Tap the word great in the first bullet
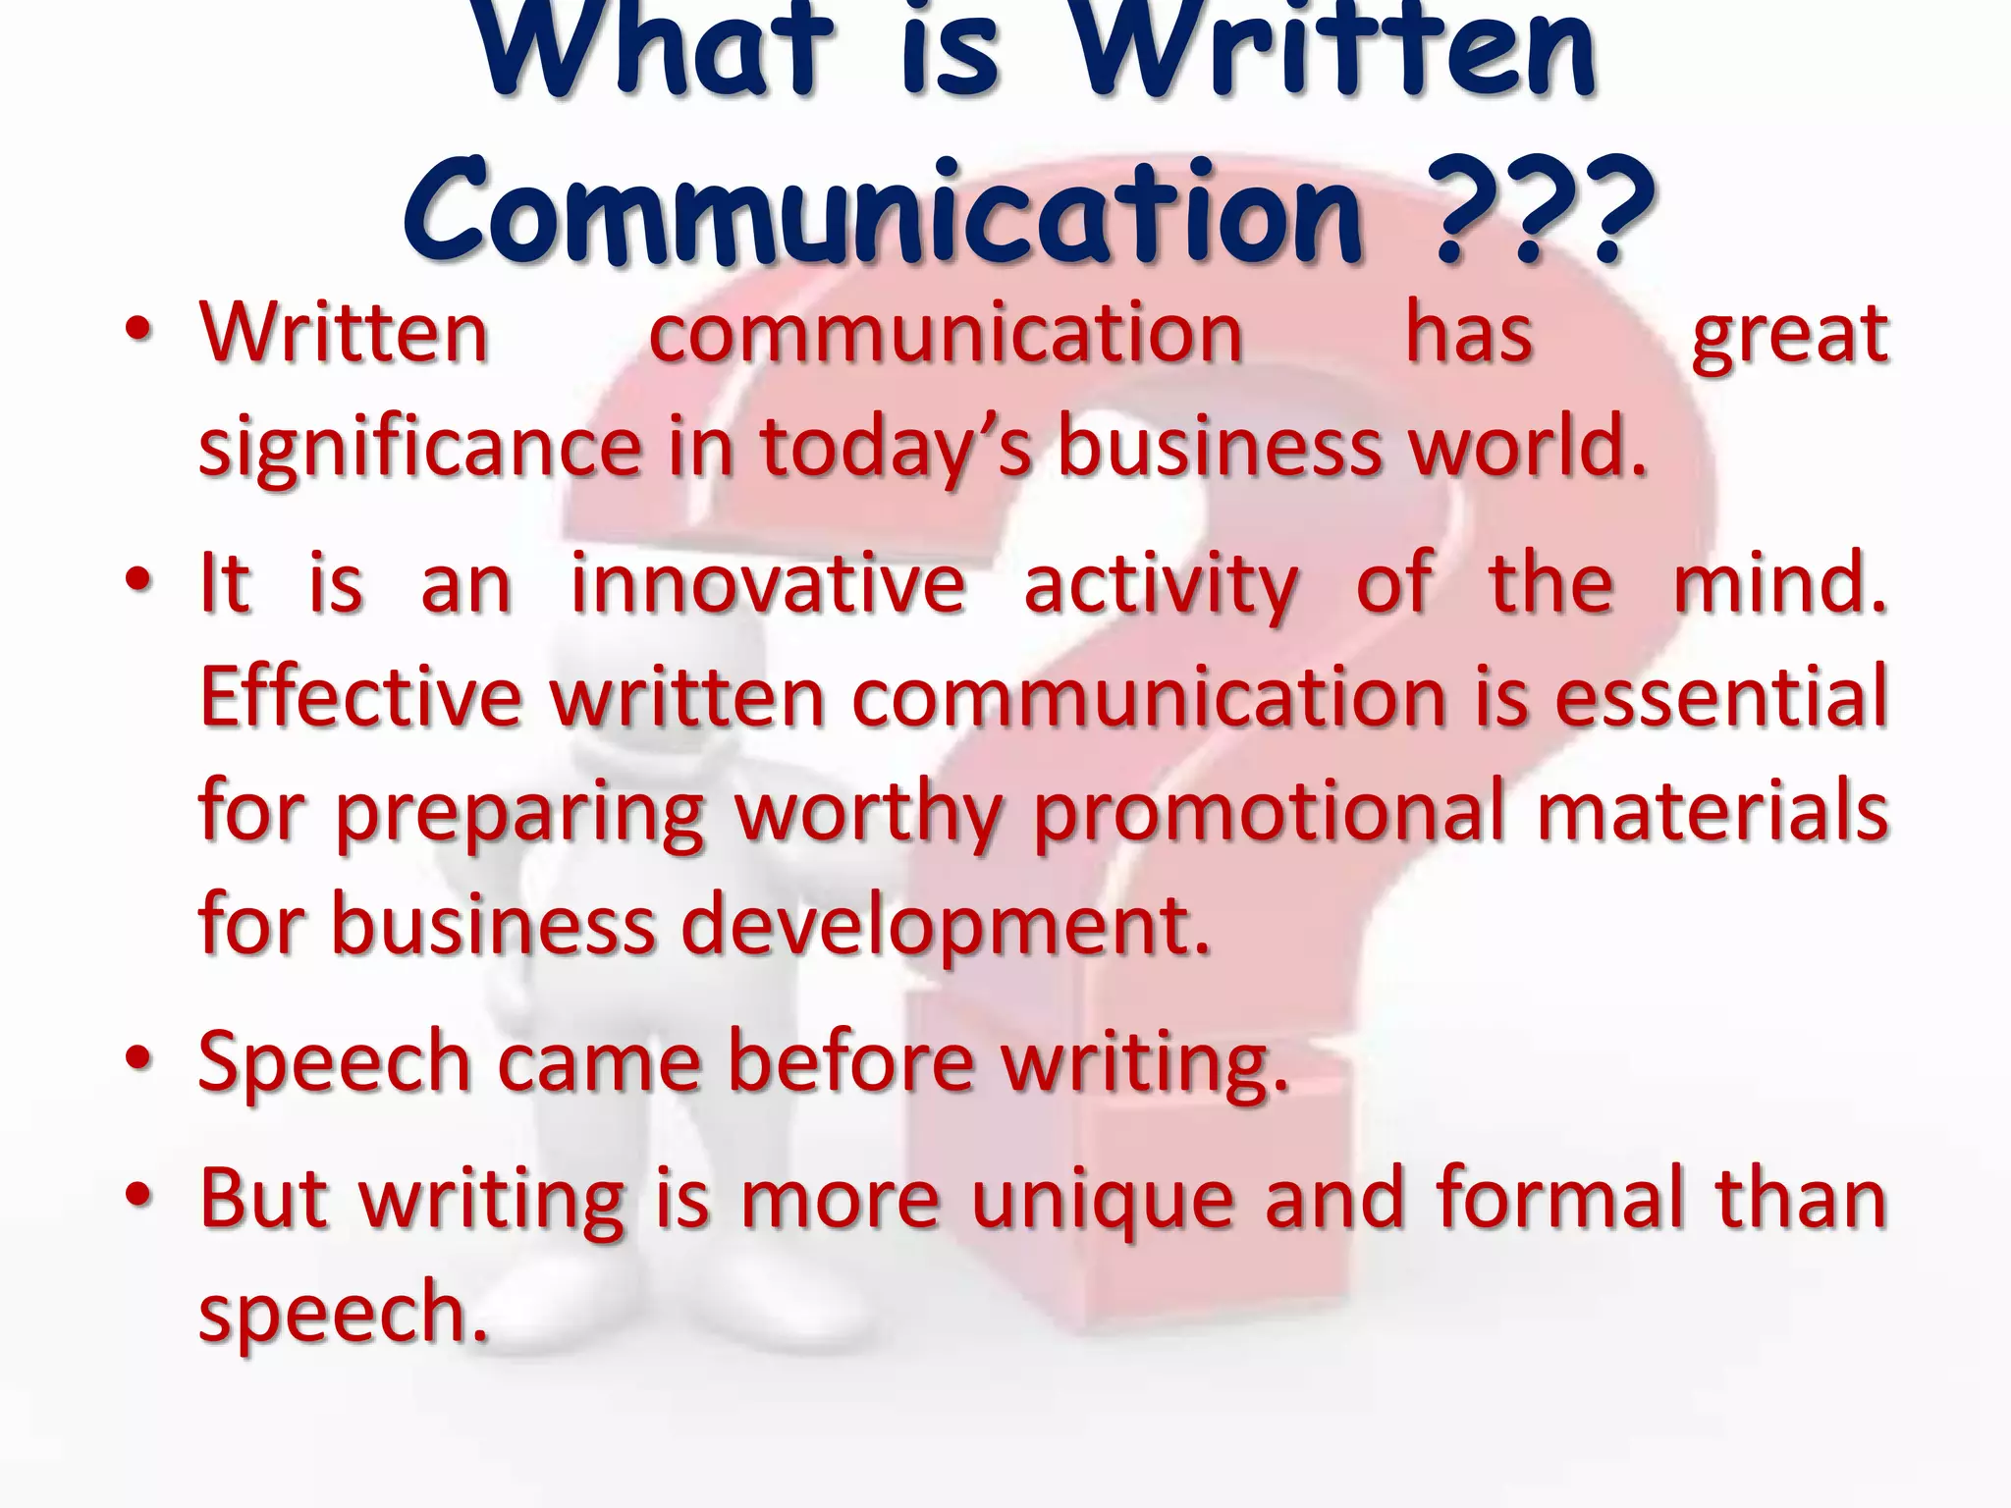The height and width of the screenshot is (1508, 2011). [x=1789, y=334]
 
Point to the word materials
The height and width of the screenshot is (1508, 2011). [x=1712, y=811]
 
